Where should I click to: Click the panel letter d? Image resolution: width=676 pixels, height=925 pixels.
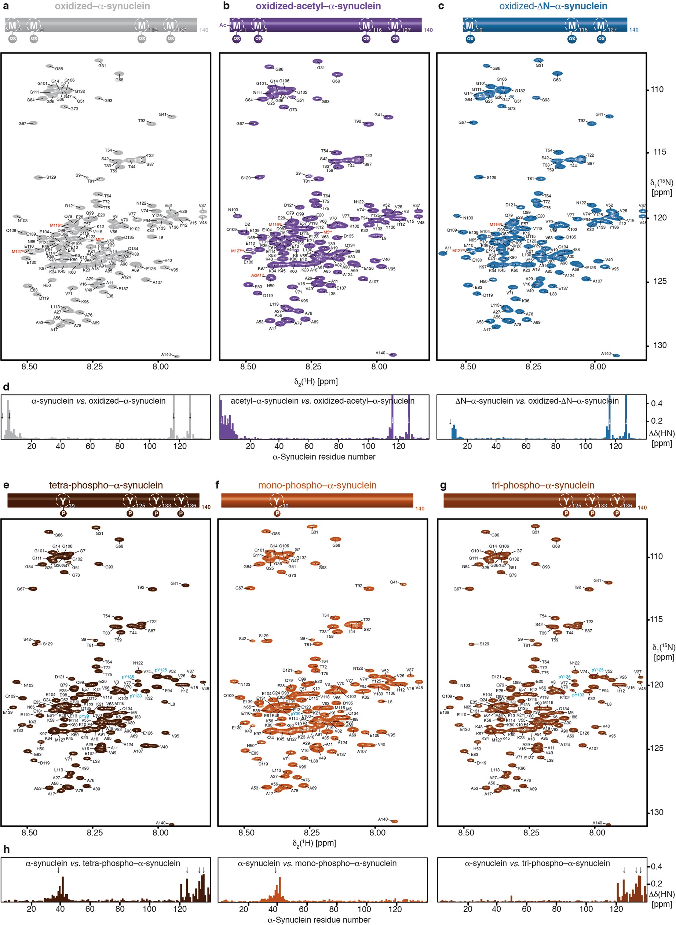[x=6, y=387]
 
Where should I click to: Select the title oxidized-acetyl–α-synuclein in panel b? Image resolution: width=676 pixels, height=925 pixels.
[x=318, y=6]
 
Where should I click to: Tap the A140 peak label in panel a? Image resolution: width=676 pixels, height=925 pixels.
[x=166, y=354]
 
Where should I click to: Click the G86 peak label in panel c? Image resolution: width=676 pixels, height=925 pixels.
[x=496, y=68]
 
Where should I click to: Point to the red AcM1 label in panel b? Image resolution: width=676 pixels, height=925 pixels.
[x=256, y=275]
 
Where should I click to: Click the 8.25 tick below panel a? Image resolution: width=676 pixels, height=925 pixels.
[x=95, y=366]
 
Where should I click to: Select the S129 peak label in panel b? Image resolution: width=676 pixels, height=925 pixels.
[x=245, y=178]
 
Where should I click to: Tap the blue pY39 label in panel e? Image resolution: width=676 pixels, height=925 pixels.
[x=84, y=716]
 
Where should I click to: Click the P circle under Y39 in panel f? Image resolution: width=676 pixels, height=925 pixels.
[x=277, y=513]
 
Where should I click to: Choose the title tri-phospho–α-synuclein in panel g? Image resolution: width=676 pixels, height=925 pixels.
[x=542, y=485]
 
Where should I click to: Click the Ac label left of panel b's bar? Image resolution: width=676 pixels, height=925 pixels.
[x=223, y=25]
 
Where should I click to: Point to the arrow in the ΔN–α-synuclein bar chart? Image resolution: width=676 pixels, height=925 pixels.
[x=450, y=421]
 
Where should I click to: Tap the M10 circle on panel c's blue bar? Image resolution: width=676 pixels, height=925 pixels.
[x=470, y=25]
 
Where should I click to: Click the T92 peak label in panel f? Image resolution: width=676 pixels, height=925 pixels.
[x=358, y=586]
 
